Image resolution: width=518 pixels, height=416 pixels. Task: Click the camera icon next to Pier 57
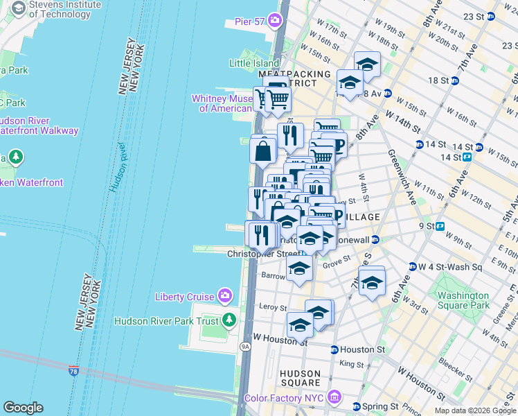pos(275,21)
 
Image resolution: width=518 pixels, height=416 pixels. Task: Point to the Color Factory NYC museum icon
pos(334,397)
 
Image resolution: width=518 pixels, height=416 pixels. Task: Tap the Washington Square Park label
pos(463,300)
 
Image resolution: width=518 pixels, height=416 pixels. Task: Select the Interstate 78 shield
pos(74,372)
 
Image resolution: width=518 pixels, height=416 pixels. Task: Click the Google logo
pos(23,408)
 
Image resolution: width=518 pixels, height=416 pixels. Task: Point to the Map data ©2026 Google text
pos(475,410)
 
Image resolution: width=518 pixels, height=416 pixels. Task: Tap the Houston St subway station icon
pos(334,350)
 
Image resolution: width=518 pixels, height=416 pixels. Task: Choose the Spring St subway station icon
pos(356,406)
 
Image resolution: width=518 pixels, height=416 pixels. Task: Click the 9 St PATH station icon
pos(440,225)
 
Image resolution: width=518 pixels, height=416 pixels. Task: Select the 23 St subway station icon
pos(491,17)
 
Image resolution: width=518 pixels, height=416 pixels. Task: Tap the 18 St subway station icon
pos(455,80)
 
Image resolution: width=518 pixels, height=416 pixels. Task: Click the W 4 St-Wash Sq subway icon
pos(411,266)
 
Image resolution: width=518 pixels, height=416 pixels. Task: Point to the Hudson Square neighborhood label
pos(300,378)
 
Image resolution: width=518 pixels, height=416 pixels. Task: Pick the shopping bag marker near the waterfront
pos(263,151)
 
